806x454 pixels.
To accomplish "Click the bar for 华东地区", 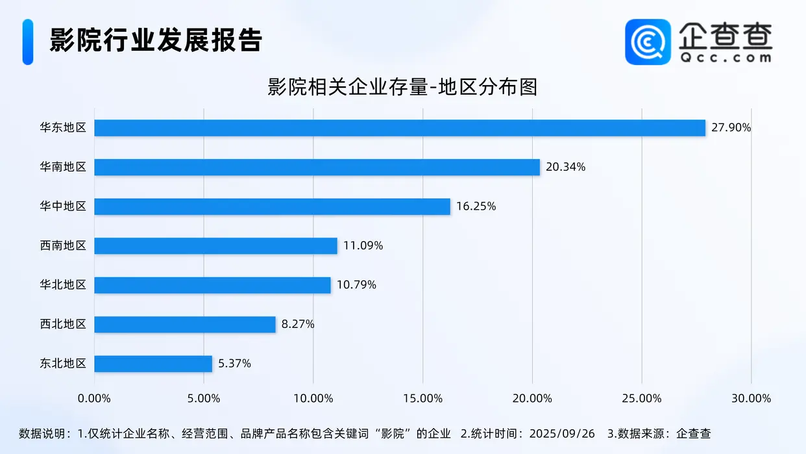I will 399,128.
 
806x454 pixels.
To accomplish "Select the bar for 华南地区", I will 317,167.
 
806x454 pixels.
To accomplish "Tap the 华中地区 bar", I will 272,207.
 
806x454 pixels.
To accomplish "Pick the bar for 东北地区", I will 153,364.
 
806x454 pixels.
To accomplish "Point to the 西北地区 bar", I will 185,324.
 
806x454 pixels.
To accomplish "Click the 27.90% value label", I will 731,128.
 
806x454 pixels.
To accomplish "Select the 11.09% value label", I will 363,246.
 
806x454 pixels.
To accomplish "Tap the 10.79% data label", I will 356,284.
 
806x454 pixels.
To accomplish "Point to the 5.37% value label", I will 234,364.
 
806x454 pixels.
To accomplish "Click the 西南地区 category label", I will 63,246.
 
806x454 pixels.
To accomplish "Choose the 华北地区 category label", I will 63,284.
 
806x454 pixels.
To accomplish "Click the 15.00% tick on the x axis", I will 422,398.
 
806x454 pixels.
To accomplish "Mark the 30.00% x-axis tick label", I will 751,398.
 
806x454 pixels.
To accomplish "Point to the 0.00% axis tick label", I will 95,398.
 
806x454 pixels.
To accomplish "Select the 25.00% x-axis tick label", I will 641,398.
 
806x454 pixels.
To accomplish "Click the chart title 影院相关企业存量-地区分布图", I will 402,87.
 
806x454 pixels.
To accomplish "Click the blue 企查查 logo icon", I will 648,42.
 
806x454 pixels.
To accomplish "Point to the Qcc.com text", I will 726,57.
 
